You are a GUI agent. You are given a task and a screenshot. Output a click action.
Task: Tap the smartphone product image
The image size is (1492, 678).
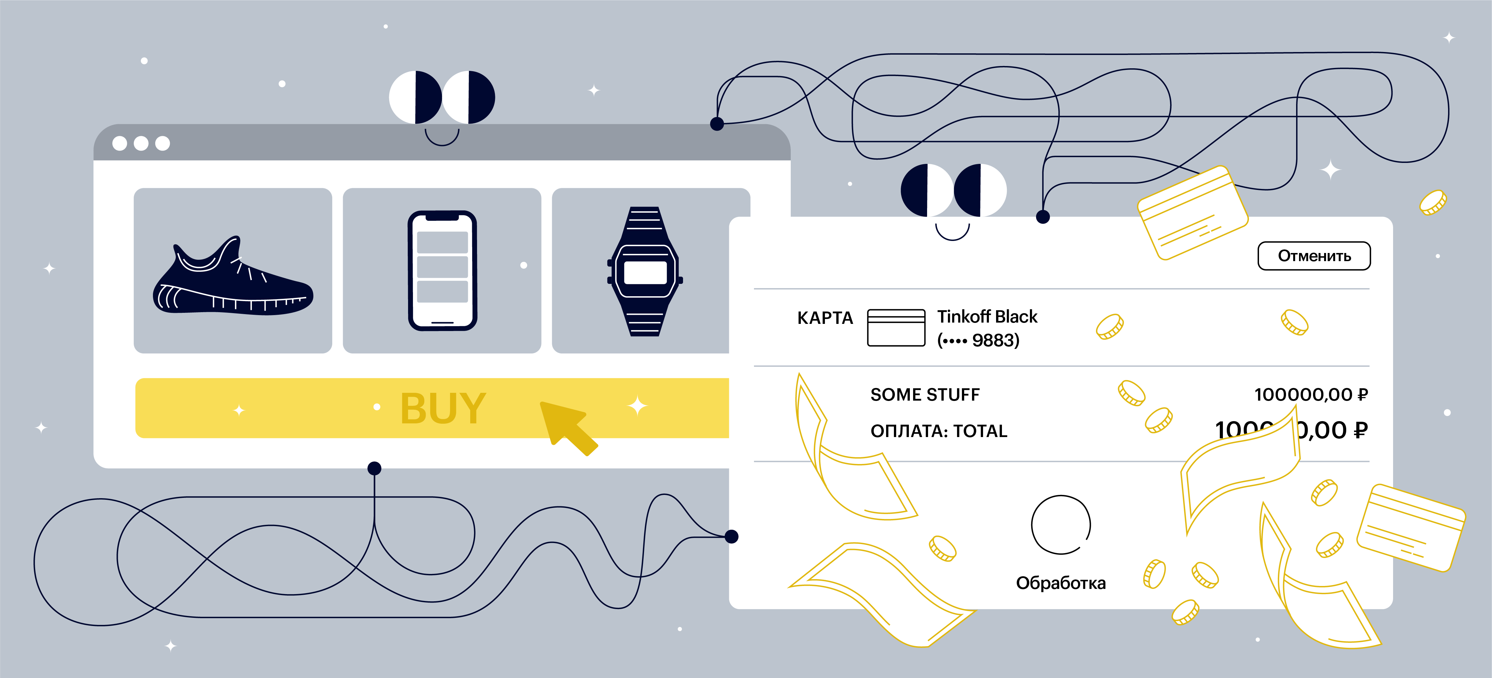point(442,271)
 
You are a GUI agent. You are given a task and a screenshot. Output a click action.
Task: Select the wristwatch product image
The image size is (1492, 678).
point(645,271)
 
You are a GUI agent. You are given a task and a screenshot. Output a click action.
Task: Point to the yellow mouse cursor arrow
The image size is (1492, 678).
point(565,426)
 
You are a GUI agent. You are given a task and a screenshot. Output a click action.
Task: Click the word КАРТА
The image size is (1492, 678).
point(825,318)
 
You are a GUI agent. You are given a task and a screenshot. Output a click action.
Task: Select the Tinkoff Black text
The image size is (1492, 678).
point(987,317)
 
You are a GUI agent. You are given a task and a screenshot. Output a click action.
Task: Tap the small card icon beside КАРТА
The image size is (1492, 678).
point(896,328)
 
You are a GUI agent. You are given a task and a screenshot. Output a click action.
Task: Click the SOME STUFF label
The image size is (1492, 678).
point(925,395)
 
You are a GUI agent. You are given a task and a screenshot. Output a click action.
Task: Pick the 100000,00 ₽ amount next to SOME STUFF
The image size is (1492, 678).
point(1311,395)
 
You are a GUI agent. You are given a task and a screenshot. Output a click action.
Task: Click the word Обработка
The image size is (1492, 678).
point(1061,583)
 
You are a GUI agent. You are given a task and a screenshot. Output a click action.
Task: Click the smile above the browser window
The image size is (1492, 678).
point(442,139)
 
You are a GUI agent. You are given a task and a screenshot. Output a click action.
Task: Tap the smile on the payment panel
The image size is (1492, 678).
point(952,233)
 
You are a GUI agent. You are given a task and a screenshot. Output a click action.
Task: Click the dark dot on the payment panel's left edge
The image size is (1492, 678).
point(732,537)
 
